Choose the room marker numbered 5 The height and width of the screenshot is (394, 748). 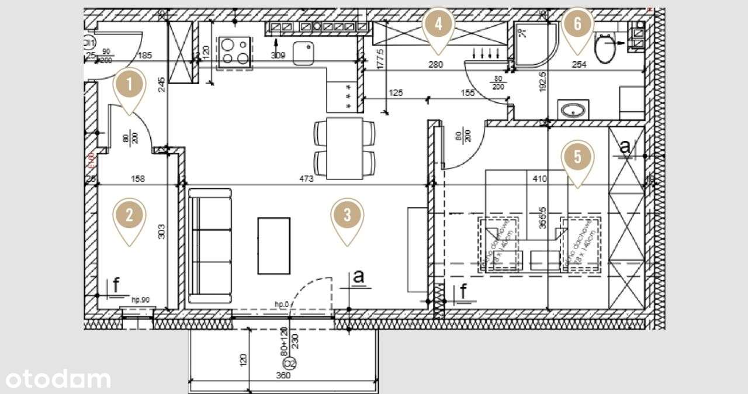577,157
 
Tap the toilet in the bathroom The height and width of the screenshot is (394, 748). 605,48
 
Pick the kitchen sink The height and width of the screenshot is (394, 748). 304,54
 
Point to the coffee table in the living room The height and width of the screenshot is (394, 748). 274,246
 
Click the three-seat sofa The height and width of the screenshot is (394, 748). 210,246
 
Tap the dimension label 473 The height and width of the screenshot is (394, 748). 306,179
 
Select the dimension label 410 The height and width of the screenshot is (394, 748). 539,179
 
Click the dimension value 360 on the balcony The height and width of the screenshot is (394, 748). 283,376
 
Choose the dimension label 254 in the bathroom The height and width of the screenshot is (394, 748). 579,65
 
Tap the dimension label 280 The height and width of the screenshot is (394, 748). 435,65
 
